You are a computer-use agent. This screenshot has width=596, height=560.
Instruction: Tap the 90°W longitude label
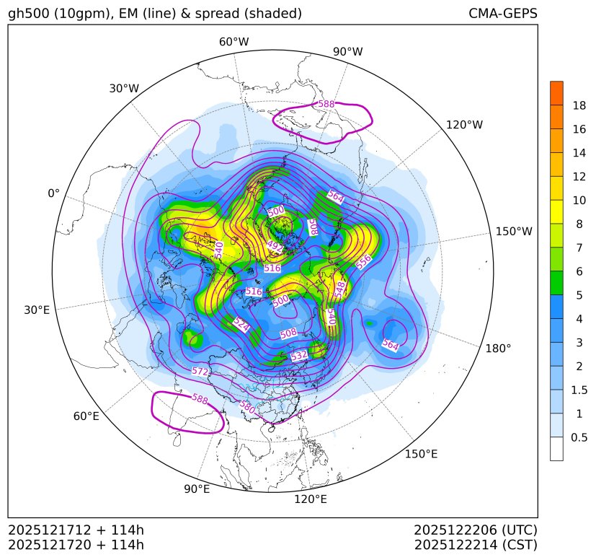click(347, 52)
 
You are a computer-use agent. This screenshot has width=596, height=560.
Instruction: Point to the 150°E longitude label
click(421, 454)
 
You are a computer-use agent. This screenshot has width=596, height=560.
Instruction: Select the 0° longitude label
click(53, 193)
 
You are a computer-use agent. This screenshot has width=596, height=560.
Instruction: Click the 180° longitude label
click(498, 349)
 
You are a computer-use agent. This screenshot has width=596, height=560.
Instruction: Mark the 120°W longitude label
click(464, 125)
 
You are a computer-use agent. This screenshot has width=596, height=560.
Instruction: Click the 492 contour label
click(275, 245)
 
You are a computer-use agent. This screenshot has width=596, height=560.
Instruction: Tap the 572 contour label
click(201, 372)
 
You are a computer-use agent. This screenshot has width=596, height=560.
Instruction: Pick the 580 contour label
click(247, 406)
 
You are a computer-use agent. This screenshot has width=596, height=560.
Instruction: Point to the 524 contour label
click(241, 325)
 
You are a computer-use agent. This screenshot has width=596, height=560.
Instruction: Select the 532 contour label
click(298, 356)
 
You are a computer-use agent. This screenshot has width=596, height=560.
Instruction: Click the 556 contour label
click(364, 261)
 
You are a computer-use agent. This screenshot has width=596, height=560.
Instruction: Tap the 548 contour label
click(340, 289)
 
